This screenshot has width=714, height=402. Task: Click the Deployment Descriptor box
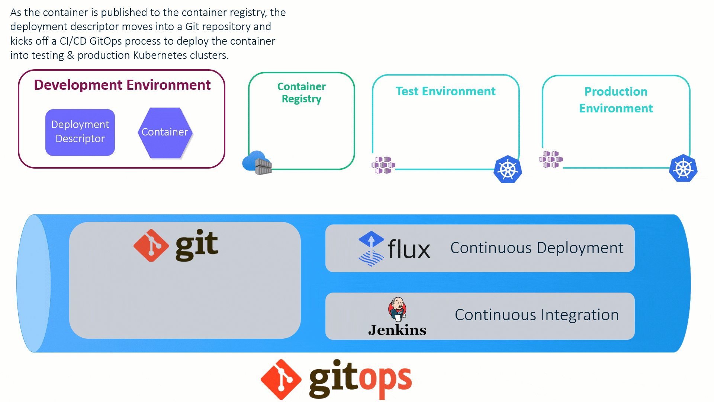[x=80, y=132]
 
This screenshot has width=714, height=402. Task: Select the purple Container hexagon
[x=165, y=133]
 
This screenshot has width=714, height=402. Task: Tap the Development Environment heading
[x=122, y=85]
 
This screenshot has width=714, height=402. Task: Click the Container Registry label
[x=301, y=93]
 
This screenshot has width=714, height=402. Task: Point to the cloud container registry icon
[x=257, y=163]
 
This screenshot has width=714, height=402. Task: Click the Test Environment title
[x=446, y=91]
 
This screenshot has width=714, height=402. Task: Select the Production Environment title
[x=616, y=100]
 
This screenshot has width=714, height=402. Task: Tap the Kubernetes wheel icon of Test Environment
[x=508, y=169]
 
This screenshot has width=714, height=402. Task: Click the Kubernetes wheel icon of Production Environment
[x=683, y=168]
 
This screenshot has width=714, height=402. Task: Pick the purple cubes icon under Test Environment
[x=383, y=165]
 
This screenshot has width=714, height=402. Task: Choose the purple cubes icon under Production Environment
[x=551, y=159]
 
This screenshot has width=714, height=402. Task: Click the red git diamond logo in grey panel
[x=151, y=245]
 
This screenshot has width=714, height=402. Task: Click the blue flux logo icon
[x=371, y=248]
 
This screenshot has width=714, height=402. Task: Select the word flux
[x=409, y=249]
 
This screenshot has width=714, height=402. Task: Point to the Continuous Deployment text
[x=537, y=248]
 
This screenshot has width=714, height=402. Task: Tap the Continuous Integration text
[x=537, y=315]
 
